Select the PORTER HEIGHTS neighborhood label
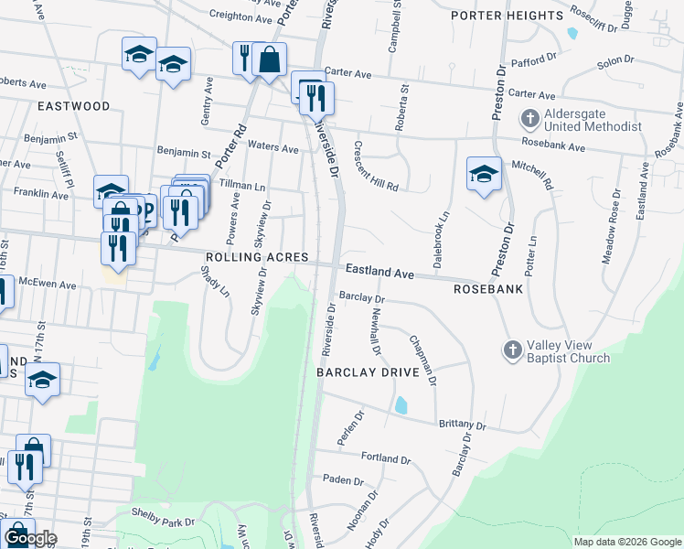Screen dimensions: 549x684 (507, 16)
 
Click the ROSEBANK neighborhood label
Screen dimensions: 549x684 (488, 288)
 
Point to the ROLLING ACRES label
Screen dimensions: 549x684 (257, 258)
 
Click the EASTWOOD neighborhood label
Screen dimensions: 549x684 (74, 106)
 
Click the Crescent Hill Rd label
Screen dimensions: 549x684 (376, 166)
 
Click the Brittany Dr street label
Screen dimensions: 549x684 (462, 425)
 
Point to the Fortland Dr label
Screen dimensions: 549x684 (386, 457)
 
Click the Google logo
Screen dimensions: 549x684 (29, 538)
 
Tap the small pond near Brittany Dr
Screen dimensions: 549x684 (401, 404)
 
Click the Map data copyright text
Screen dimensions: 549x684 (627, 542)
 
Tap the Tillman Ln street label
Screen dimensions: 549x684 (241, 184)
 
